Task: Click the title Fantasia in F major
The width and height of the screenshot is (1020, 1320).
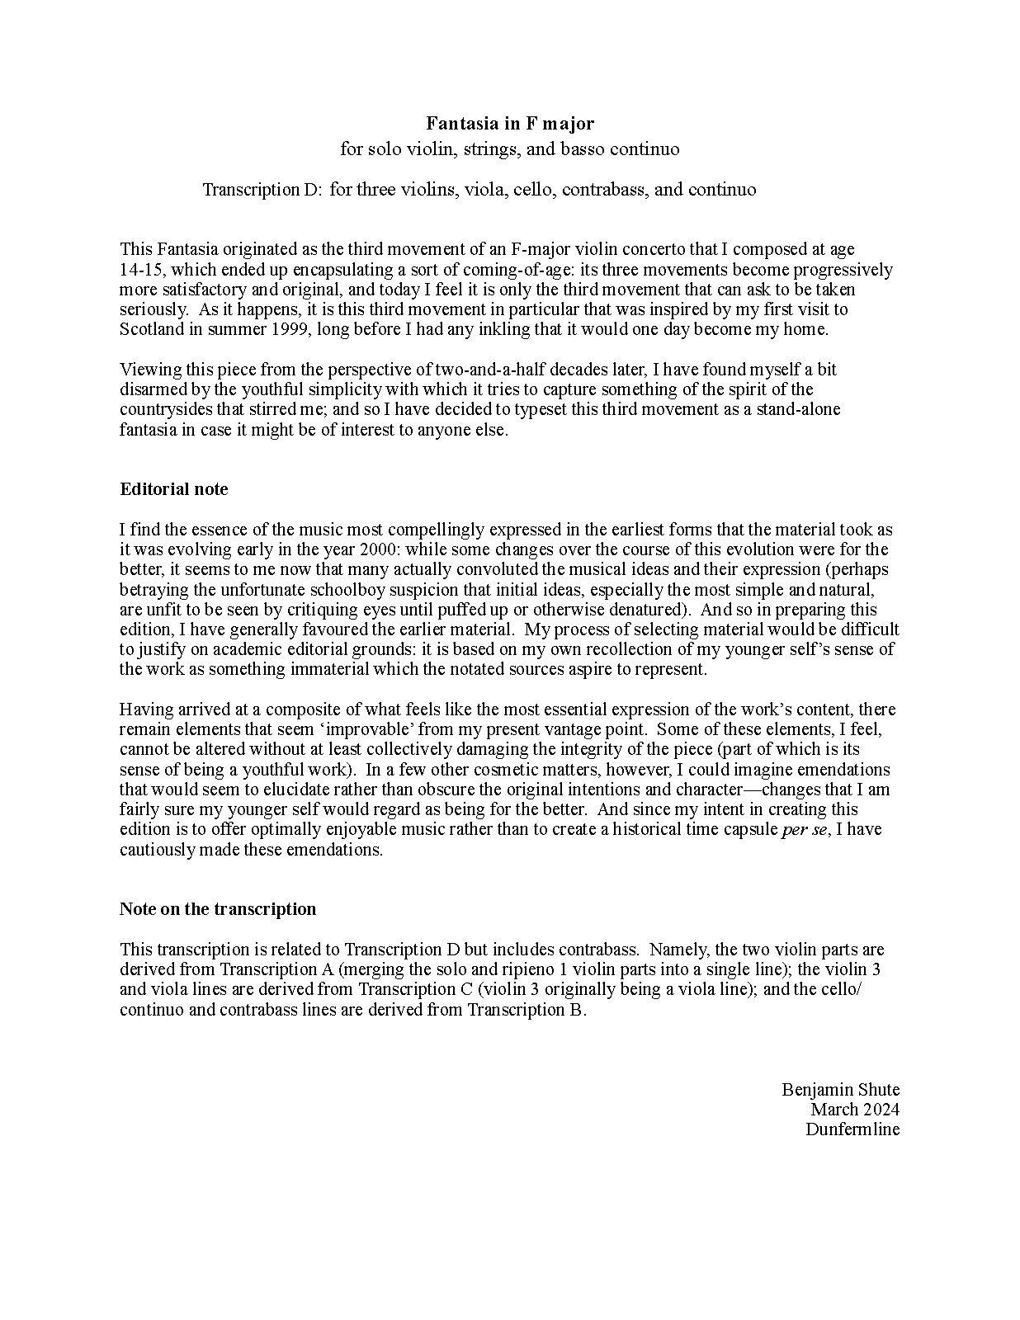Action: pyautogui.click(x=510, y=124)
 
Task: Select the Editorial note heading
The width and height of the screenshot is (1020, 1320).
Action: pyautogui.click(x=173, y=489)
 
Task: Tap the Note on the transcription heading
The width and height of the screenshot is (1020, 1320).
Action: pyautogui.click(x=218, y=909)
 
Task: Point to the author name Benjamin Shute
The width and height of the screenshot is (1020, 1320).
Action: pyautogui.click(x=840, y=1090)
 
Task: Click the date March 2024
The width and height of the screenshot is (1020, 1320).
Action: pyautogui.click(x=854, y=1110)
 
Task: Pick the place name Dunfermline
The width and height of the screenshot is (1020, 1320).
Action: pyautogui.click(x=852, y=1129)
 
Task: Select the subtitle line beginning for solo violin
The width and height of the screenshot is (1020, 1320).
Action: pyautogui.click(x=510, y=149)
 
